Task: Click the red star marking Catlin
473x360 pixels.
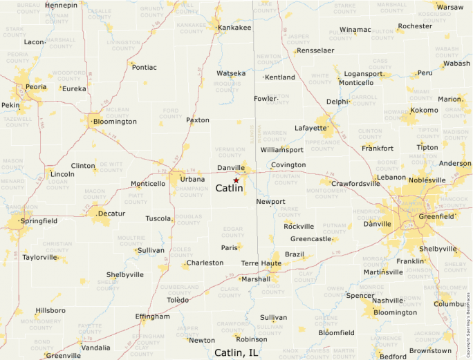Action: tap(236, 180)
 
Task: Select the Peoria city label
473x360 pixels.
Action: tap(36, 87)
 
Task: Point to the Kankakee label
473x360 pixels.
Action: tap(234, 28)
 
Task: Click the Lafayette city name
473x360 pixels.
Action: tap(310, 128)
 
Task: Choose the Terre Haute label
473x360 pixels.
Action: tap(261, 263)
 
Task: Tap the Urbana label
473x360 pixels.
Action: tap(192, 179)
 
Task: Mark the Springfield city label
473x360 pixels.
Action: tap(39, 221)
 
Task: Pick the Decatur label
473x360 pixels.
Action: tap(112, 214)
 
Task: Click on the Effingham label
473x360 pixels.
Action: tap(153, 316)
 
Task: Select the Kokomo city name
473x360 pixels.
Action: tap(424, 110)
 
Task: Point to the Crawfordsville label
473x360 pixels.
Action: tap(355, 183)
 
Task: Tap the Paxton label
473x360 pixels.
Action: tap(197, 120)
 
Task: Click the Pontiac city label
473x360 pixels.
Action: tap(144, 67)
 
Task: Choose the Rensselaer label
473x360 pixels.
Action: tap(316, 50)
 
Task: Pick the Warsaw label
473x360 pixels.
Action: tap(450, 7)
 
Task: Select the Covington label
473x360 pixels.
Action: tap(288, 164)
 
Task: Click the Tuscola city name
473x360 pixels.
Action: tap(158, 218)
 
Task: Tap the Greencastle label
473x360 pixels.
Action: tap(310, 239)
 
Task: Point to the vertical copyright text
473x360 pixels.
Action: tap(468, 321)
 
